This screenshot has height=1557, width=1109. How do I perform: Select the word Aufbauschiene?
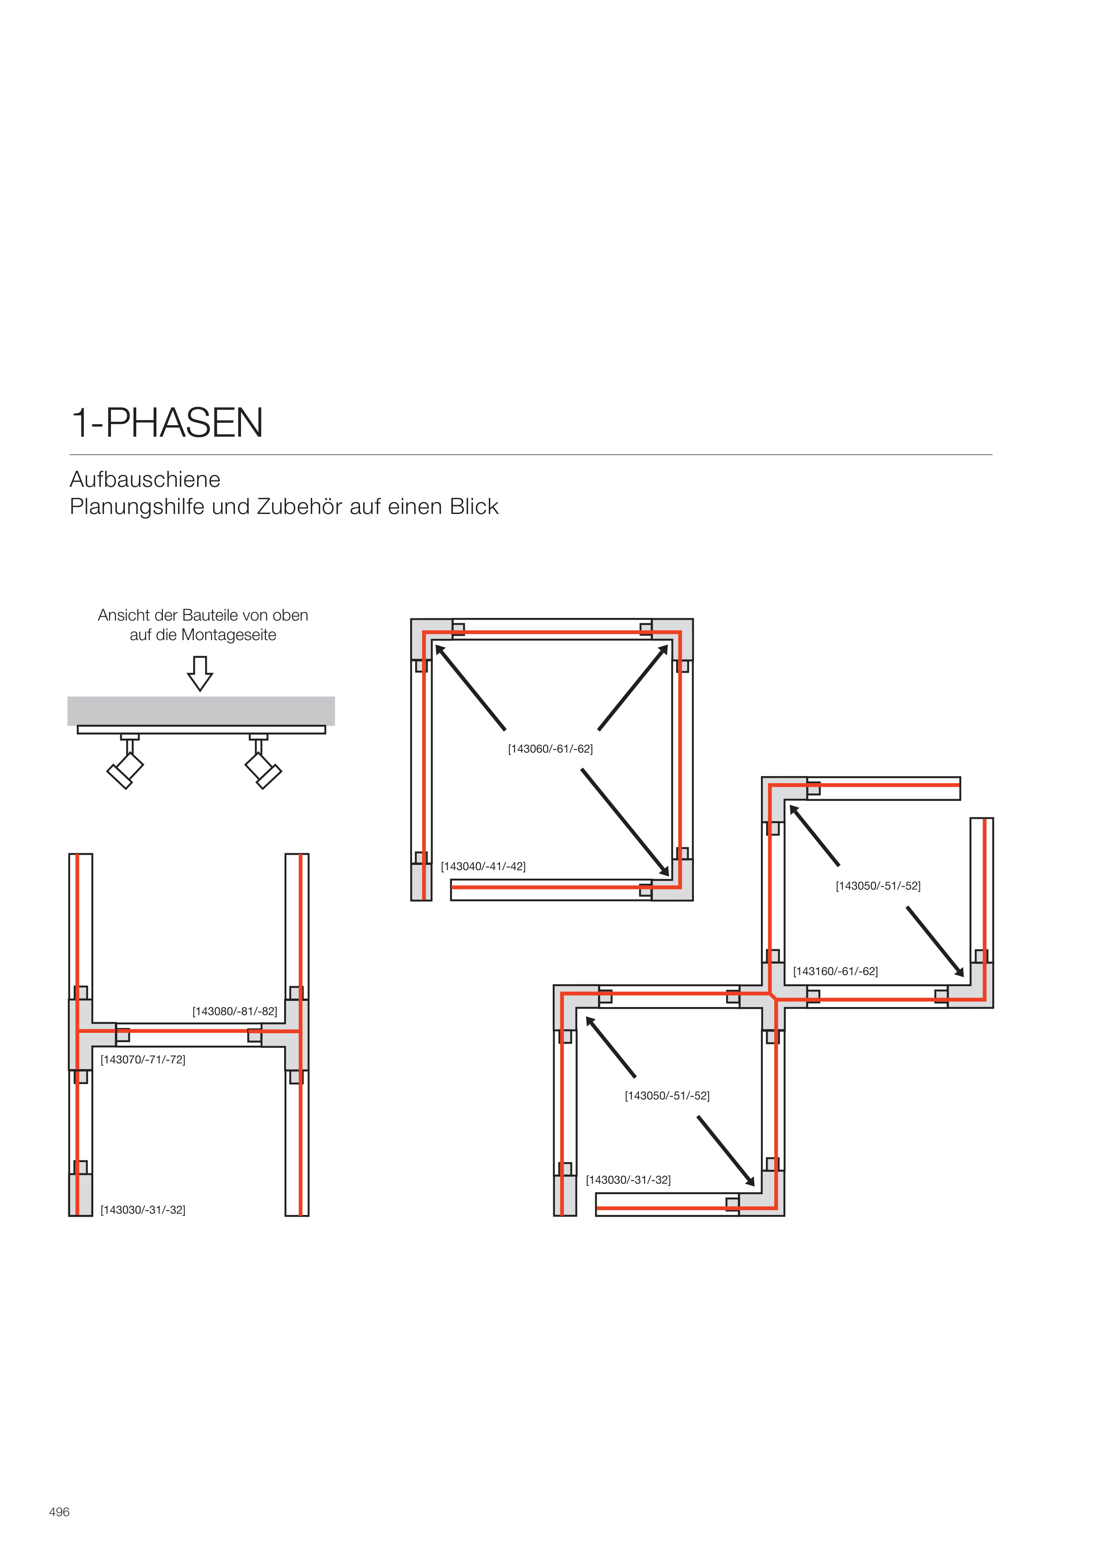pos(145,480)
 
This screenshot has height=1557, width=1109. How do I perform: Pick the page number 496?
pos(59,1512)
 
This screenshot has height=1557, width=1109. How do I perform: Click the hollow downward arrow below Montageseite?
pos(200,673)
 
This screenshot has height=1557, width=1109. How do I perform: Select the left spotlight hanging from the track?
pos(125,769)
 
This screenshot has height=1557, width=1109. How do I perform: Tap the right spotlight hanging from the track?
pos(263,769)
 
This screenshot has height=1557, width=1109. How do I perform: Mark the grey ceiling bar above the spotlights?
pos(201,710)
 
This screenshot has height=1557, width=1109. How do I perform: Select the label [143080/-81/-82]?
pos(234,1011)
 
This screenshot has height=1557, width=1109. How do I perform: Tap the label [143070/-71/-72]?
pos(143,1059)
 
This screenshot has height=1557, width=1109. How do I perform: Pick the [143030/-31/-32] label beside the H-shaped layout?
pos(143,1210)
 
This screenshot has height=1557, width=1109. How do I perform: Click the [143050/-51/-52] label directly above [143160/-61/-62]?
pos(878,886)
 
